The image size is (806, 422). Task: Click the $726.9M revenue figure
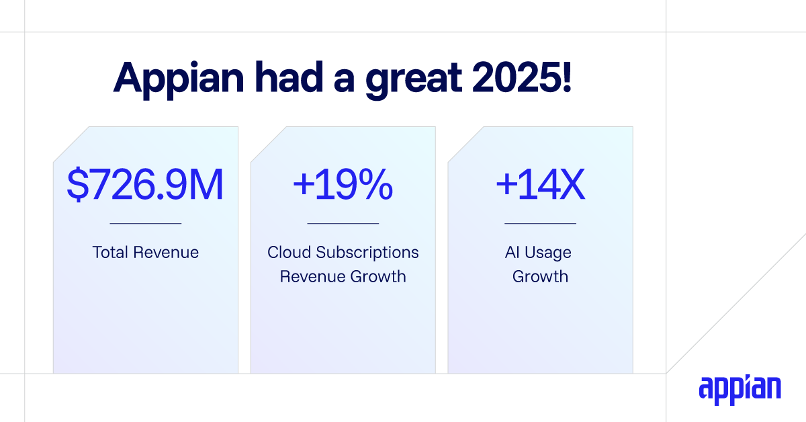(x=145, y=185)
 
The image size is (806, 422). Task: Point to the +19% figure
(x=343, y=185)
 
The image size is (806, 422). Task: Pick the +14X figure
(x=540, y=185)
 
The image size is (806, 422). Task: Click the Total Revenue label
(x=145, y=253)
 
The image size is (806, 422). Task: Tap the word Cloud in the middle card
(x=289, y=253)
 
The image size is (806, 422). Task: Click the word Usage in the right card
(x=549, y=253)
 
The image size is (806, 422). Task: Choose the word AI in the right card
(x=512, y=253)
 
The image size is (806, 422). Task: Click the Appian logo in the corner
(x=740, y=390)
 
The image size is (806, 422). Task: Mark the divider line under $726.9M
(x=145, y=223)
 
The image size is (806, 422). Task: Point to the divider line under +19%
(x=343, y=223)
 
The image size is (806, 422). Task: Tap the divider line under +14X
(x=540, y=223)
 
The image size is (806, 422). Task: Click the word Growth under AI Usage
(x=540, y=276)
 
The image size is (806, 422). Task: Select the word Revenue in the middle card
(x=311, y=276)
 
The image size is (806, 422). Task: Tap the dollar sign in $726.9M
(x=77, y=185)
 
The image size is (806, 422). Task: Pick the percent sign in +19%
(x=375, y=185)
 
